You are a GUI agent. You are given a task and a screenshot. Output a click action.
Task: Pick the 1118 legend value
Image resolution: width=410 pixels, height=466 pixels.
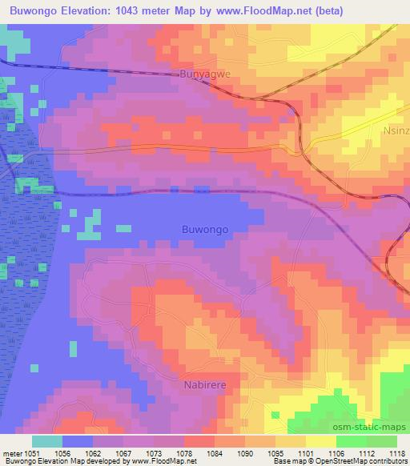coord(396,452)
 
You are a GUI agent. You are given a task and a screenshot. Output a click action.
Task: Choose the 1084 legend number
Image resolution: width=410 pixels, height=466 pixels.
coord(213,452)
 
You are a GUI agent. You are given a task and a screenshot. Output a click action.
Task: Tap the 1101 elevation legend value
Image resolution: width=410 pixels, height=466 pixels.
coord(304,452)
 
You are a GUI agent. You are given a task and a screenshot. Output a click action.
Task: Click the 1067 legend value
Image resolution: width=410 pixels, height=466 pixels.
coord(122,452)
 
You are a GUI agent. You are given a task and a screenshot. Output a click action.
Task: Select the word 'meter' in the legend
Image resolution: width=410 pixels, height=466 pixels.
coord(10,452)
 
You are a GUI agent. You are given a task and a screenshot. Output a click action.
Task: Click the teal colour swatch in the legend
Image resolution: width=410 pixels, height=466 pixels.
coord(46,441)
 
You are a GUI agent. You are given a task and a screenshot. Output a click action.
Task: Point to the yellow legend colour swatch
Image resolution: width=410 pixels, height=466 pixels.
coord(320,441)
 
